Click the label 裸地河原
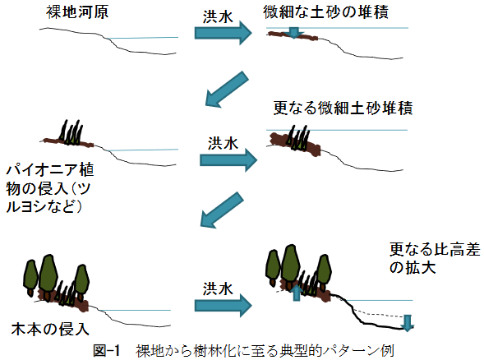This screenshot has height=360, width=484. point(77,12)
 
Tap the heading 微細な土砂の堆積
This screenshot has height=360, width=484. point(325,12)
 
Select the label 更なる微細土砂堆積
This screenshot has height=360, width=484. point(343,108)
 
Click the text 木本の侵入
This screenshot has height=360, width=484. point(50,330)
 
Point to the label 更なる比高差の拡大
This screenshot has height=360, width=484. point(435,258)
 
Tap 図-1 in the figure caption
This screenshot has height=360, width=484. point(106,351)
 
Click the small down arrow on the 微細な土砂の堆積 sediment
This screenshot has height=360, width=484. point(294,33)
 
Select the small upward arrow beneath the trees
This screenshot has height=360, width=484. point(297,293)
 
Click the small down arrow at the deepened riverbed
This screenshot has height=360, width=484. point(408,323)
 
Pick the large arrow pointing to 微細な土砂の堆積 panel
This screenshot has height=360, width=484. point(223,33)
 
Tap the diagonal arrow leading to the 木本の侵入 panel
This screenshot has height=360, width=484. point(222,210)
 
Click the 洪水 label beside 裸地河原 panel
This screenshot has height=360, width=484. point(218,16)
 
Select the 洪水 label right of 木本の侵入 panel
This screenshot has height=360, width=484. point(218,288)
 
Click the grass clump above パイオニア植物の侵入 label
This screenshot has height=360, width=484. point(71,132)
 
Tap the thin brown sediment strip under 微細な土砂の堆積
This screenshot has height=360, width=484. point(293,35)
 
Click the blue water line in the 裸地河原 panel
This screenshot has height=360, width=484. point(143,38)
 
